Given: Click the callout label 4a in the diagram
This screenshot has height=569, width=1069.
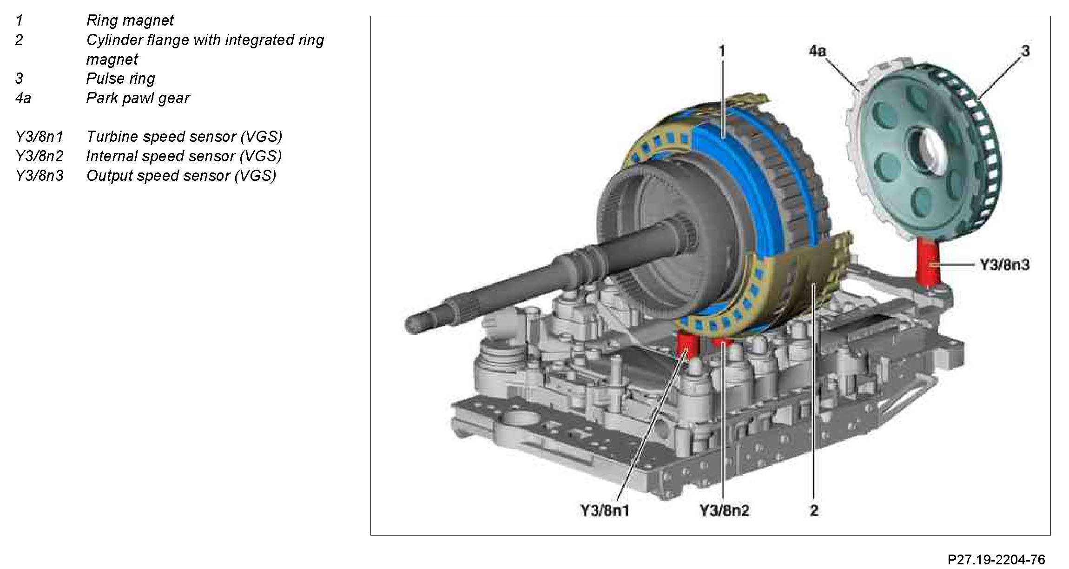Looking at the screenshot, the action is pyautogui.click(x=818, y=51).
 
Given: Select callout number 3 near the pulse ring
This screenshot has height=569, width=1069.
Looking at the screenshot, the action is pyautogui.click(x=1025, y=51).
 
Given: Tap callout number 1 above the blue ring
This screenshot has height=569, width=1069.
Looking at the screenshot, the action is pyautogui.click(x=722, y=51).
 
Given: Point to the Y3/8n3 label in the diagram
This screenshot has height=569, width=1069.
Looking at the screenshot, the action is pyautogui.click(x=1004, y=265).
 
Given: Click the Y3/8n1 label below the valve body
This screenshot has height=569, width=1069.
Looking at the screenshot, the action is pyautogui.click(x=604, y=510).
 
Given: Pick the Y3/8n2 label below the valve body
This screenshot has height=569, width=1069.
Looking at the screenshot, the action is pyautogui.click(x=724, y=510).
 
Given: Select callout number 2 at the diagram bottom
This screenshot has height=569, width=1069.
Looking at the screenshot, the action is pyautogui.click(x=814, y=510).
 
